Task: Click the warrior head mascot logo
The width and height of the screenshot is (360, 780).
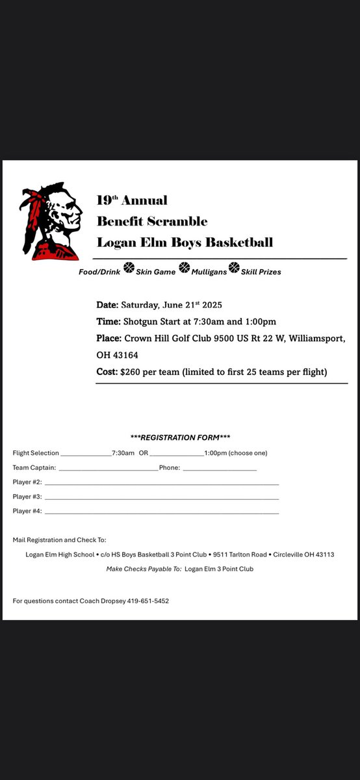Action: coord(52,221)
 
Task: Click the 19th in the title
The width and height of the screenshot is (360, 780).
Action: coord(107,200)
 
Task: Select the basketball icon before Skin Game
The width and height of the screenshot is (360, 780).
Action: coord(129,267)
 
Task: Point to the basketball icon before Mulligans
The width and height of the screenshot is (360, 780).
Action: coord(184,267)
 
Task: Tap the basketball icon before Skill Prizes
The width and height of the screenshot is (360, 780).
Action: coord(234,267)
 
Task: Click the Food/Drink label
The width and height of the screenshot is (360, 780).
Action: coord(99,272)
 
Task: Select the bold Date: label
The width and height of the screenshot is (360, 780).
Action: coord(107,305)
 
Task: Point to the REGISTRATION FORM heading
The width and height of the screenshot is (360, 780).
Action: coord(180,437)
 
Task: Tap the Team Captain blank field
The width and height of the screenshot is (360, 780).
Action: coord(108,469)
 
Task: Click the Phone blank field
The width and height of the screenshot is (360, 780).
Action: coord(220,469)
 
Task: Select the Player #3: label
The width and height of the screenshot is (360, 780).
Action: coord(27,497)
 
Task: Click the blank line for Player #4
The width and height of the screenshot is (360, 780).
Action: coord(162,512)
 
